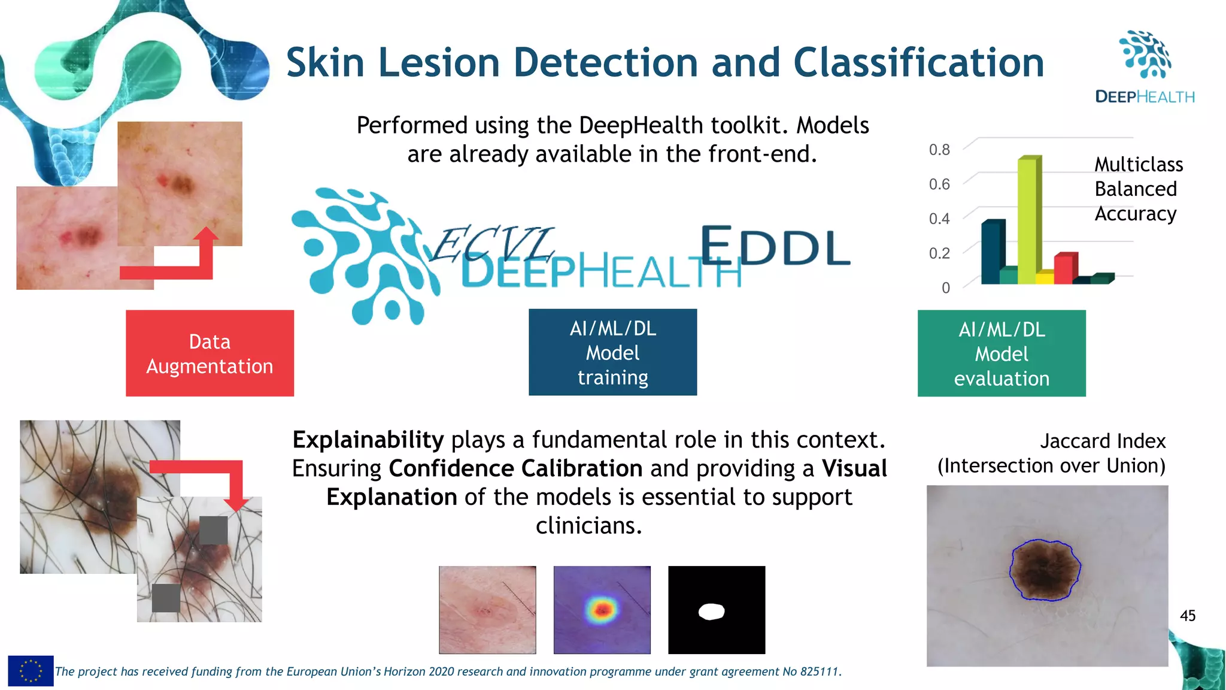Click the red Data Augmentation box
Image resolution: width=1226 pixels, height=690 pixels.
pyautogui.click(x=210, y=353)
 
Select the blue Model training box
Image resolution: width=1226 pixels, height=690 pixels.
pyautogui.click(x=612, y=352)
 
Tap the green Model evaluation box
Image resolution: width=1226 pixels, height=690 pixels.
pyautogui.click(x=1002, y=353)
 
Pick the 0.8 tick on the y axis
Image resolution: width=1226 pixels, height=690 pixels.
pyautogui.click(x=939, y=150)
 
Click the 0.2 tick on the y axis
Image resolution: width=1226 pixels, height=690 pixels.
pyautogui.click(x=939, y=253)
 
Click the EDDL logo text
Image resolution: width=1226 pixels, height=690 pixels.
pyautogui.click(x=775, y=247)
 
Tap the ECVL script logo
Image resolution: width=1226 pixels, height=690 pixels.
pyautogui.click(x=491, y=244)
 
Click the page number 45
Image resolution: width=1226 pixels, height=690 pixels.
pyautogui.click(x=1187, y=616)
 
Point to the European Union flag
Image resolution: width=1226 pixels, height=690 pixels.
pyautogui.click(x=31, y=671)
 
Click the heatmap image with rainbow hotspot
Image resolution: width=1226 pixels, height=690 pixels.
pyautogui.click(x=602, y=610)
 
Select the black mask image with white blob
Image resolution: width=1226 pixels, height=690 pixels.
pyautogui.click(x=717, y=610)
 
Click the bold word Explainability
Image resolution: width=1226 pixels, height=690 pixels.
pyautogui.click(x=368, y=440)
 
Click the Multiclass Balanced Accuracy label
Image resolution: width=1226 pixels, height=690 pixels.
pyautogui.click(x=1137, y=189)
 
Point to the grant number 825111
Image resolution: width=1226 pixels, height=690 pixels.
pyautogui.click(x=820, y=671)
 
